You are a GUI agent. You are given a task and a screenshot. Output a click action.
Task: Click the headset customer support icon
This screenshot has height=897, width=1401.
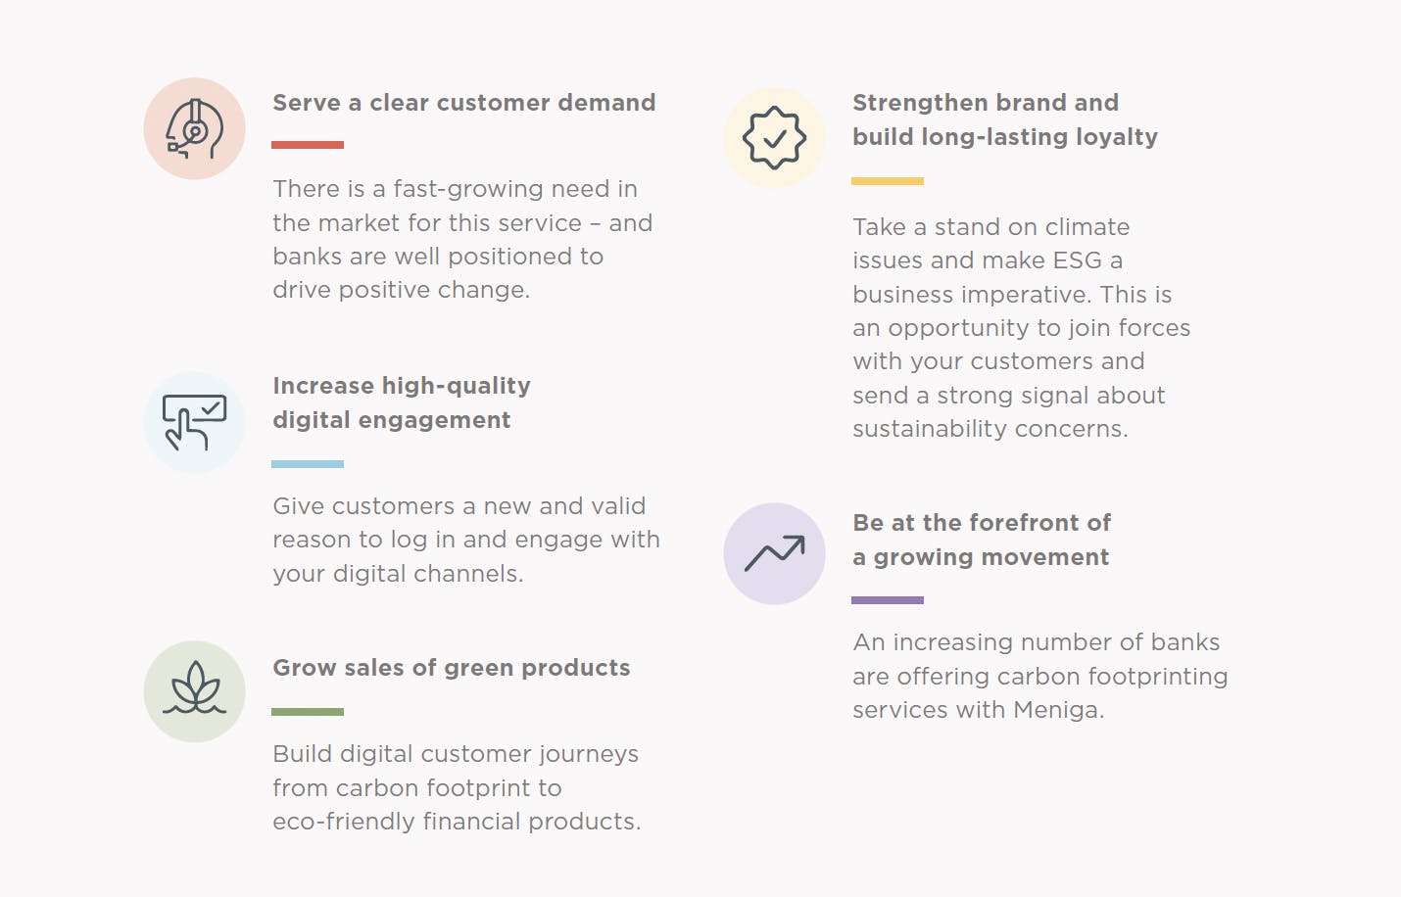click(195, 128)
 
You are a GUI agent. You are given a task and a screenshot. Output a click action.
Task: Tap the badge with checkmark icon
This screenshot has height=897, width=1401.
click(774, 137)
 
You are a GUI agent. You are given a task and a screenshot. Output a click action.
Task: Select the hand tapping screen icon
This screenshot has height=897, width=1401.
click(195, 422)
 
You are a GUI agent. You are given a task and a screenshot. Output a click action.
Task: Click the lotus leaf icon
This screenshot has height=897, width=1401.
click(195, 687)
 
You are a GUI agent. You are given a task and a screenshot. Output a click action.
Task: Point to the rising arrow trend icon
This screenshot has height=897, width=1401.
click(774, 553)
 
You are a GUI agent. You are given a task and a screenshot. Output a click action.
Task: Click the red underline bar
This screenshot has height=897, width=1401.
click(307, 145)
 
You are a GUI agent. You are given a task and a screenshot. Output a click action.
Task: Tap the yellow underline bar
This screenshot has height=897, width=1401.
click(887, 181)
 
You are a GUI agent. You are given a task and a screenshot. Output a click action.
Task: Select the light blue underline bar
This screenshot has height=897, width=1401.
click(307, 464)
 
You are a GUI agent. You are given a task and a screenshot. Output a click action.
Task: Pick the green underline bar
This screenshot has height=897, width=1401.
click(307, 712)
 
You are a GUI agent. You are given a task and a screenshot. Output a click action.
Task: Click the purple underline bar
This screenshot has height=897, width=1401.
click(887, 600)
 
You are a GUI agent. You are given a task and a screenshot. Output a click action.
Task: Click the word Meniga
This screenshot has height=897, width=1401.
click(1058, 710)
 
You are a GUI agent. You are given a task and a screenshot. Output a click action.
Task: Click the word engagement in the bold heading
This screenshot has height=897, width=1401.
click(434, 421)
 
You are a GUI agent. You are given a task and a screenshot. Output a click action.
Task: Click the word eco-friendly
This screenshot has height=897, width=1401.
click(343, 822)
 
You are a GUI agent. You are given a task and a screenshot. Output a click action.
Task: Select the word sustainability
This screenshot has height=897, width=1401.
click(930, 429)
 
